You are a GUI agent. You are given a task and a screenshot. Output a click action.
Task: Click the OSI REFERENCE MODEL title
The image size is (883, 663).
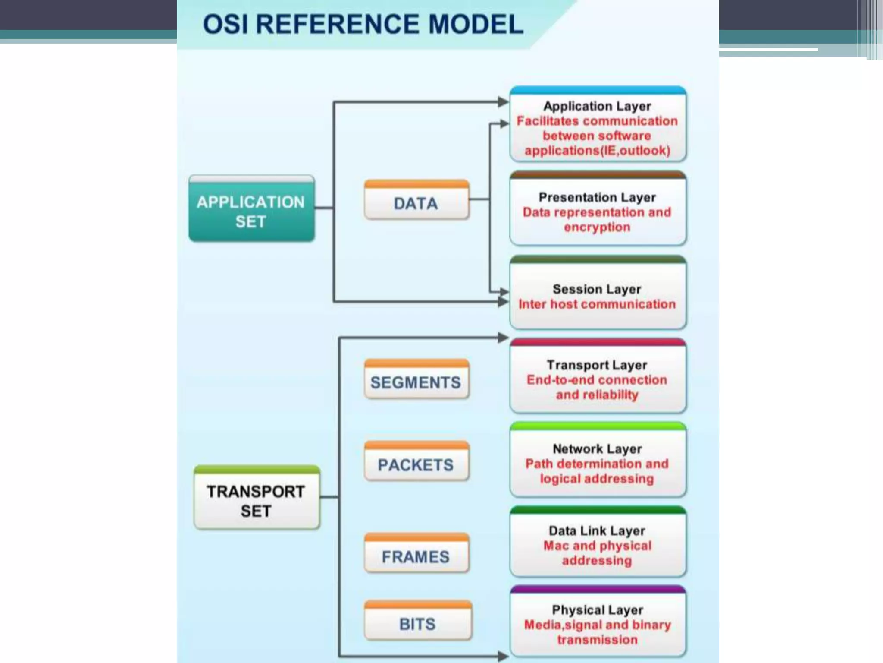[363, 24]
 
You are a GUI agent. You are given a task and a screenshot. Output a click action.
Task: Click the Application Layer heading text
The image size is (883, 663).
[597, 106]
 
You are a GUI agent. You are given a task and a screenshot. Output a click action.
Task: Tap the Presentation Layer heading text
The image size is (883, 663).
[597, 197]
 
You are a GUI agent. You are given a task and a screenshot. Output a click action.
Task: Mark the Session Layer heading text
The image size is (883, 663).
[597, 289]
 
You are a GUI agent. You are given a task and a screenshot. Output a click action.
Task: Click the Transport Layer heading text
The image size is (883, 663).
[597, 365]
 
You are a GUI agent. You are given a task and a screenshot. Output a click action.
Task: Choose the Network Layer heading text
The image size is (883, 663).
[597, 449]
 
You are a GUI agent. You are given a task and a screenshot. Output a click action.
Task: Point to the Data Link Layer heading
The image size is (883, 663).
[597, 530]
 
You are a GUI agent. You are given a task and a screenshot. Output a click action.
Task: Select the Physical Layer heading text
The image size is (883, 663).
[597, 610]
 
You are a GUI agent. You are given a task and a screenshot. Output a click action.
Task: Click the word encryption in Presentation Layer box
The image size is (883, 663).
[597, 227]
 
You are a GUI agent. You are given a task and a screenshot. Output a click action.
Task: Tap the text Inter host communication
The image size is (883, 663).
[597, 304]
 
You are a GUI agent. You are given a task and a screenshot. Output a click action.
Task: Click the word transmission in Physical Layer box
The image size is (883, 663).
[597, 640]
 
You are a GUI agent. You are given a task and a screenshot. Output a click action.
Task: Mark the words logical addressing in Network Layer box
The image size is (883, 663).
[597, 479]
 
